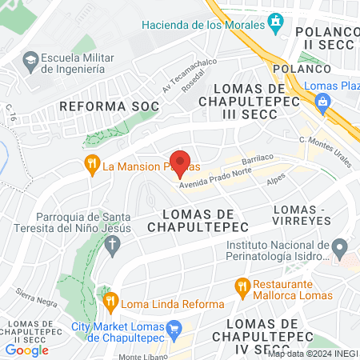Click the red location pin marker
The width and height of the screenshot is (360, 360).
point(180,163)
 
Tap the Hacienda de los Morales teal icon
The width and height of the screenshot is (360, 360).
point(277,24)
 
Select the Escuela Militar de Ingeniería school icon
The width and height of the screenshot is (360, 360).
point(30,60)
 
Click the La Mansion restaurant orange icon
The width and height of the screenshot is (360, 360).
point(93,166)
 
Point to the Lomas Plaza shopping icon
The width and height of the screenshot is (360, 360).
point(322,101)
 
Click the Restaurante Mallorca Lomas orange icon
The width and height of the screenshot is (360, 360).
point(242,286)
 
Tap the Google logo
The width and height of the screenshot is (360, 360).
point(26,350)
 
